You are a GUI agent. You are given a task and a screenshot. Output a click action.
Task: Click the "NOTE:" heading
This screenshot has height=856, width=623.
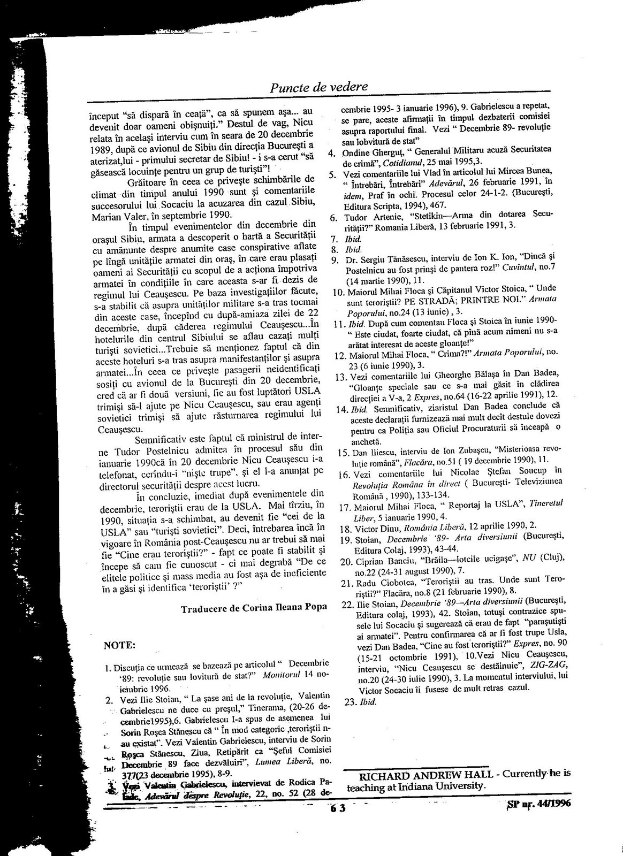point(120,645)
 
